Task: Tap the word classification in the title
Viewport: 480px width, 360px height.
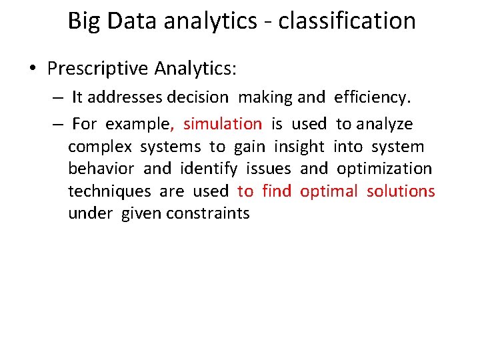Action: click(x=347, y=21)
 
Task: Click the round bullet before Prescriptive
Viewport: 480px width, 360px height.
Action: click(x=33, y=69)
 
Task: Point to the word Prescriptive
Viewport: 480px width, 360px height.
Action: click(x=98, y=69)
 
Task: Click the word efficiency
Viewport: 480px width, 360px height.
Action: click(x=372, y=97)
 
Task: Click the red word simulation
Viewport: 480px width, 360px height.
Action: click(x=223, y=124)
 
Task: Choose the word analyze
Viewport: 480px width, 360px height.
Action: click(x=385, y=124)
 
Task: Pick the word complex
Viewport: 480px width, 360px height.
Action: click(x=99, y=147)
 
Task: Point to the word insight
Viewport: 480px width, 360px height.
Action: click(x=299, y=147)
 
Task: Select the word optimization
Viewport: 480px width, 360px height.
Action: click(x=384, y=169)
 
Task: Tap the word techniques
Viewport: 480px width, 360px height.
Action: click(x=109, y=191)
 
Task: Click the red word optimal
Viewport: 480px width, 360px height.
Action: click(x=329, y=191)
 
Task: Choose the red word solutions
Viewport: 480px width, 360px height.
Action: click(x=401, y=191)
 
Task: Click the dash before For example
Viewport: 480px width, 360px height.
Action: click(x=59, y=124)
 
